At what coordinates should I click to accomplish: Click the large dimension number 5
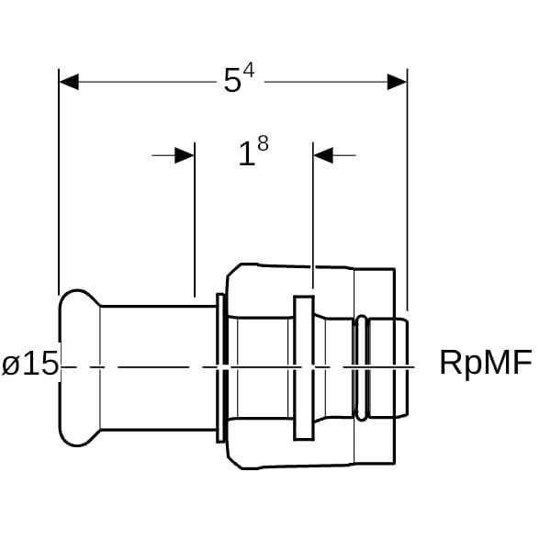pyautogui.click(x=232, y=82)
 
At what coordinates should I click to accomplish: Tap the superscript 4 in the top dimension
pyautogui.click(x=248, y=71)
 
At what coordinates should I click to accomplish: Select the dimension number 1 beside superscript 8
pyautogui.click(x=245, y=155)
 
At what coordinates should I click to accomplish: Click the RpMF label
pyautogui.click(x=485, y=363)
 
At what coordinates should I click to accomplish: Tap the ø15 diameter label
pyautogui.click(x=30, y=365)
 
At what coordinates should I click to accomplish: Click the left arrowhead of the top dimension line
pyautogui.click(x=70, y=82)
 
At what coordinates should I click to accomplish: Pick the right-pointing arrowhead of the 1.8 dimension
pyautogui.click(x=184, y=155)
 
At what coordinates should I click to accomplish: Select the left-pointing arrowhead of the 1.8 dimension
pyautogui.click(x=324, y=155)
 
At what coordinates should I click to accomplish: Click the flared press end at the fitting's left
pyautogui.click(x=77, y=367)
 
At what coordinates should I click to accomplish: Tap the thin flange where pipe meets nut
pyautogui.click(x=221, y=367)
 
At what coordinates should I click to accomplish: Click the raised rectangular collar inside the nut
pyautogui.click(x=303, y=367)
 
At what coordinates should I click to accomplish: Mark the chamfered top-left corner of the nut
pyautogui.click(x=233, y=273)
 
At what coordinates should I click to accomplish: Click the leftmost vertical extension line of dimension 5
pyautogui.click(x=59, y=184)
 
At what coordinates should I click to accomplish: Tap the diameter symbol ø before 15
pyautogui.click(x=11, y=365)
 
